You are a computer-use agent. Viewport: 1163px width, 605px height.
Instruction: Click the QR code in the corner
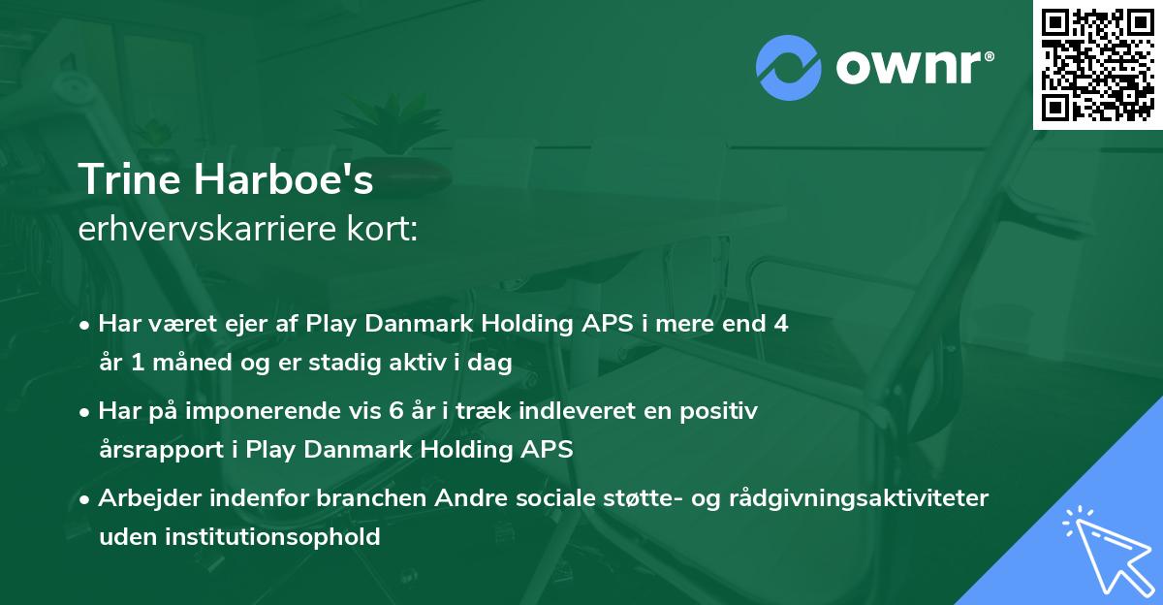1097,65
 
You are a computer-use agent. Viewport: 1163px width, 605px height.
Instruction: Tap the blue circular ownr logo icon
788,68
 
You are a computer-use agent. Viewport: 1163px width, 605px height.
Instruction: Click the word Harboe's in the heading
283,178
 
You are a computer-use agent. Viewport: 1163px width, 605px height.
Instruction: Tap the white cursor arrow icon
1109,550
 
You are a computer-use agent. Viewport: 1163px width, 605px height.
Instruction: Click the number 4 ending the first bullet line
781,324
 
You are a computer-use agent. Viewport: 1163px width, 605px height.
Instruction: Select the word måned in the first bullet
192,362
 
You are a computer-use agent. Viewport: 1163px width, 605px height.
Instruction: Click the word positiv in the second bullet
718,412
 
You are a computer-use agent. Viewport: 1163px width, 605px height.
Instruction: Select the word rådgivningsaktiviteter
859,498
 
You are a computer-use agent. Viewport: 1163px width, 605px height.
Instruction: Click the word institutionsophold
272,537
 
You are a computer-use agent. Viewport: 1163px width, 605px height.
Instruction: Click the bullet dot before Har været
83,326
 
